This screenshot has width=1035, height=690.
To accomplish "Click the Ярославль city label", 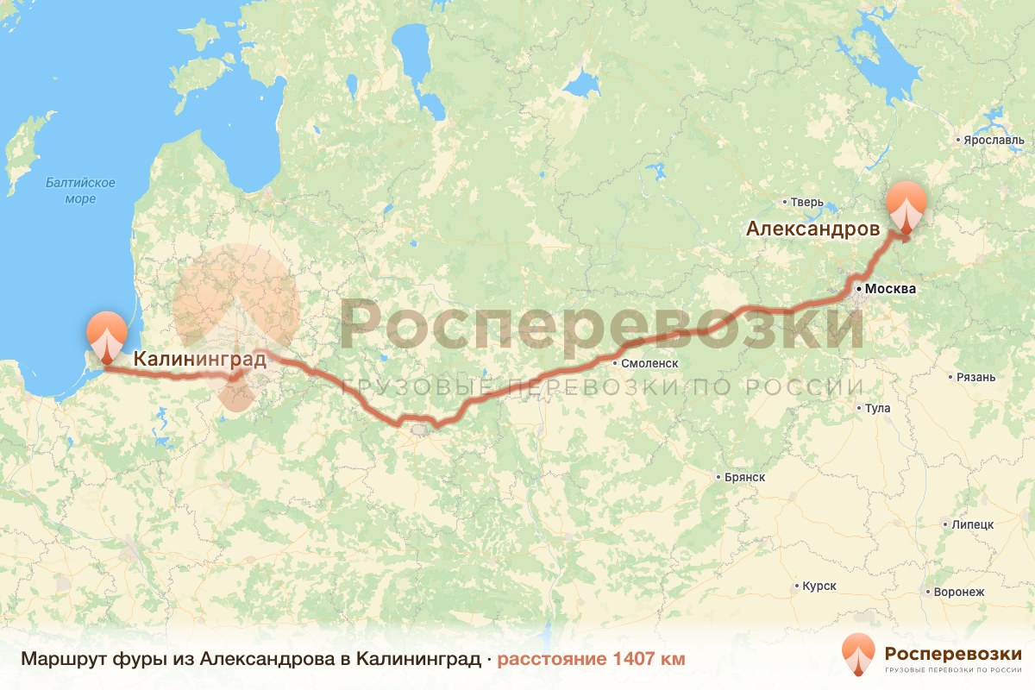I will pyautogui.click(x=994, y=140).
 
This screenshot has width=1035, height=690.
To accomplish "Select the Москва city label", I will pyautogui.click(x=891, y=288).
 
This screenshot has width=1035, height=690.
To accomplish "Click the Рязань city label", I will pyautogui.click(x=975, y=377).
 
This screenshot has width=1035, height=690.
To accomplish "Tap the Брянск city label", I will pyautogui.click(x=744, y=477).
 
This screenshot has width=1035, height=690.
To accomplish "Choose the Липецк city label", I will pyautogui.click(x=973, y=524).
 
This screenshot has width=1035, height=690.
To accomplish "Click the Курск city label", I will pyautogui.click(x=819, y=586).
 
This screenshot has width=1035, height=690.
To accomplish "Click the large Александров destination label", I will pyautogui.click(x=813, y=229).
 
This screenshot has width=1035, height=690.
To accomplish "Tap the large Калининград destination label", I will pyautogui.click(x=199, y=359).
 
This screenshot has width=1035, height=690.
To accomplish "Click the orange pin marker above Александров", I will pyautogui.click(x=906, y=205).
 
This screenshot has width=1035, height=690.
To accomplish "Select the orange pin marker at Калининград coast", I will pyautogui.click(x=107, y=334).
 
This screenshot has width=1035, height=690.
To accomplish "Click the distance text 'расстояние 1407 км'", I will pyautogui.click(x=591, y=660).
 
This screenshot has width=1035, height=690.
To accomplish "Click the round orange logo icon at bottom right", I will pyautogui.click(x=858, y=655).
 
